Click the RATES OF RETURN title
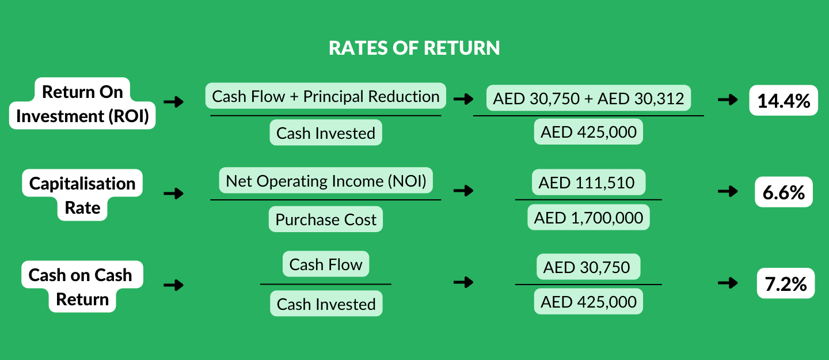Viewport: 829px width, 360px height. [x=414, y=48]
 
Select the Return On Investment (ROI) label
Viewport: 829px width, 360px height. [x=82, y=104]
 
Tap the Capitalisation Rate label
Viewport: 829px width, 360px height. [x=82, y=195]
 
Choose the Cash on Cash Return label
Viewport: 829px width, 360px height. [x=82, y=287]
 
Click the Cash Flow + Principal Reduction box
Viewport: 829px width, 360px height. [x=326, y=96]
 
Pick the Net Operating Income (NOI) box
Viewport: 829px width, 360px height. [x=326, y=181]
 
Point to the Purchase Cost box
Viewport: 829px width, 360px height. [x=326, y=219]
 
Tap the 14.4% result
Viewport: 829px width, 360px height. [x=783, y=101]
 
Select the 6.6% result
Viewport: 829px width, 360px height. [x=783, y=192]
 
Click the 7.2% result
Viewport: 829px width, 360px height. [x=785, y=284]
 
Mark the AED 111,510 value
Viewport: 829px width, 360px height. [x=588, y=183]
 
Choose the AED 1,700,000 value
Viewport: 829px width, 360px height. [x=588, y=218]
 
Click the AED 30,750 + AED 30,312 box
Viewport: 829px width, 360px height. [x=588, y=98]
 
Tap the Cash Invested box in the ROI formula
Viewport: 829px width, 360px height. [x=326, y=133]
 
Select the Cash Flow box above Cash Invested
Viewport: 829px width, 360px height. [x=326, y=264]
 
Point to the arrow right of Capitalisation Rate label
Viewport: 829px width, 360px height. [x=173, y=193]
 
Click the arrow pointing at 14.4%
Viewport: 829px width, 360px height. [x=728, y=100]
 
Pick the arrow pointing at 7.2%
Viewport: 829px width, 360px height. [x=728, y=283]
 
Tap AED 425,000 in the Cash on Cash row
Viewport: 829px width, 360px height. [x=588, y=302]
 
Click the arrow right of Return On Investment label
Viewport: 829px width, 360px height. [x=173, y=103]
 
